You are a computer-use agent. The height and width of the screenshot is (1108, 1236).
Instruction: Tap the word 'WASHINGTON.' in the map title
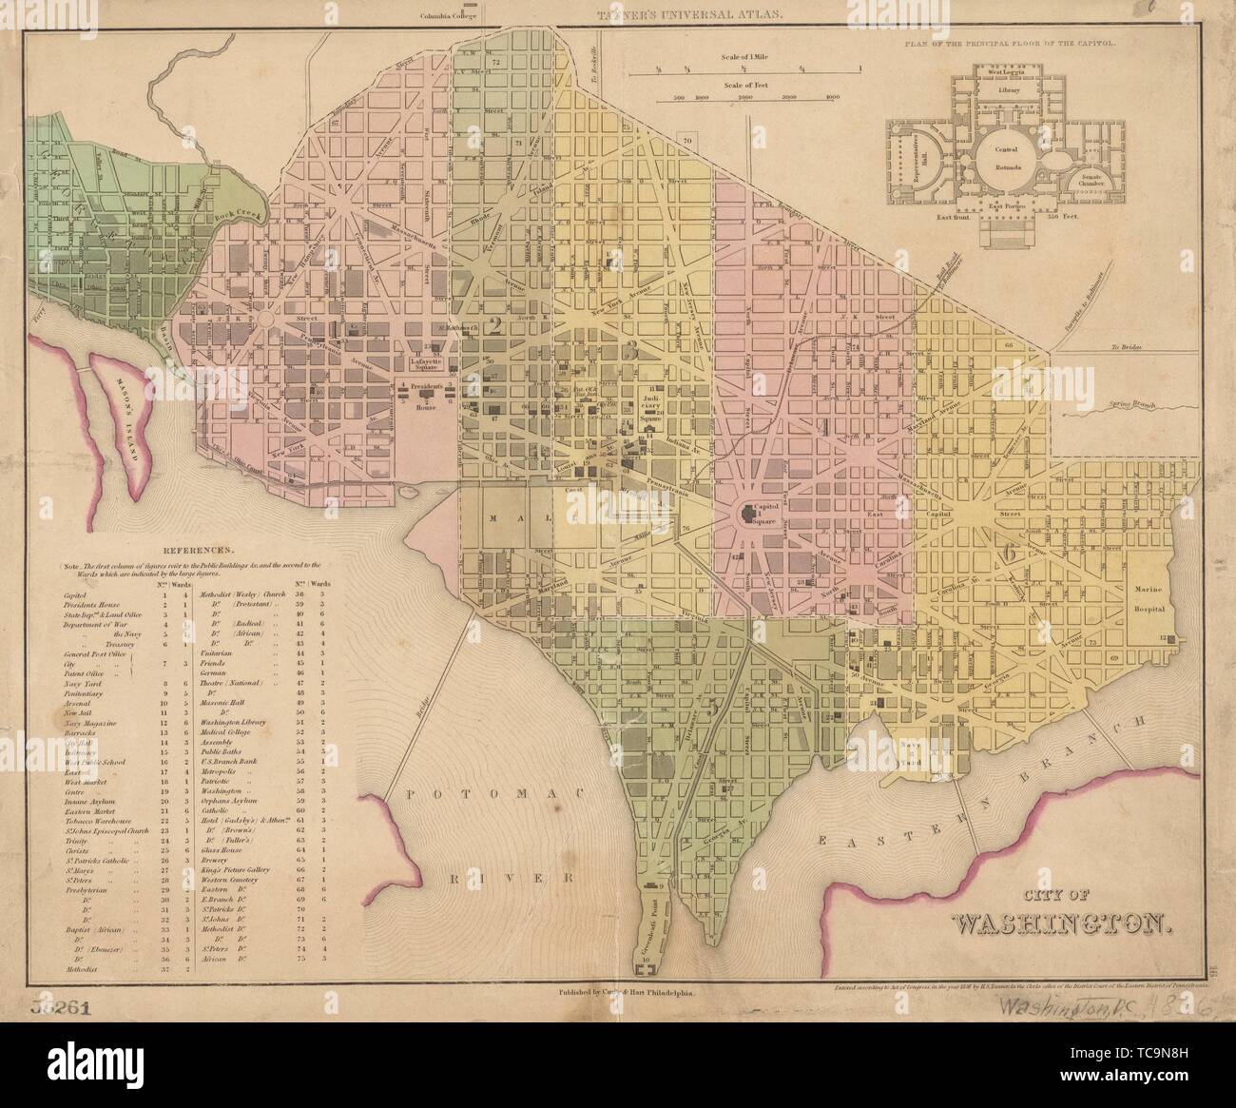pos(1055,923)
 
